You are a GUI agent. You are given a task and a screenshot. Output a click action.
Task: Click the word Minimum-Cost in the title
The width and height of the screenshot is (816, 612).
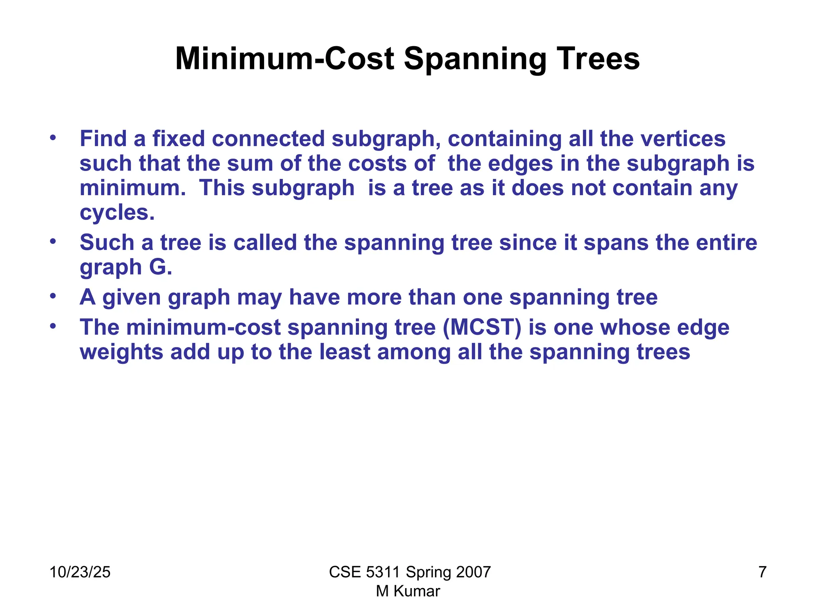pyautogui.click(x=284, y=59)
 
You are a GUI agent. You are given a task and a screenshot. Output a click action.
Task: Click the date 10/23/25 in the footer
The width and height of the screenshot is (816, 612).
pyautogui.click(x=80, y=572)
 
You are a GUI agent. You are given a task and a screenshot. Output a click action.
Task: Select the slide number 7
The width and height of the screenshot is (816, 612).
pyautogui.click(x=762, y=572)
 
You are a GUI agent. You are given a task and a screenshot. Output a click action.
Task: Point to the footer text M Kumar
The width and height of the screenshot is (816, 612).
pyautogui.click(x=408, y=591)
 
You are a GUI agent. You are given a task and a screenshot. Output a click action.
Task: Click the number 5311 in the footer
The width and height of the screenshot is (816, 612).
pyautogui.click(x=382, y=572)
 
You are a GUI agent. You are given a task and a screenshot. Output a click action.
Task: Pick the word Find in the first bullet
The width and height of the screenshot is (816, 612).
pyautogui.click(x=103, y=139)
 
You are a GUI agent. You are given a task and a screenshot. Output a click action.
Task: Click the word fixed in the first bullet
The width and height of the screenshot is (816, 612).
pyautogui.click(x=178, y=139)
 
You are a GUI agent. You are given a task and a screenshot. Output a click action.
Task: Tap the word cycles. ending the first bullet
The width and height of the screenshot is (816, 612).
pyautogui.click(x=117, y=212)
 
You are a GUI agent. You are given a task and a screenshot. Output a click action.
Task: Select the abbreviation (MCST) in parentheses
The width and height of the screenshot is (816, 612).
pyautogui.click(x=482, y=328)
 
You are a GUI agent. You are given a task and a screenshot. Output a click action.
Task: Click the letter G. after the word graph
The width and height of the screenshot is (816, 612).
pyautogui.click(x=161, y=267)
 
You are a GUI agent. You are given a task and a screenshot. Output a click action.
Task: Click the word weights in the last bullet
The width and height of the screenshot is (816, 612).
pyautogui.click(x=122, y=352)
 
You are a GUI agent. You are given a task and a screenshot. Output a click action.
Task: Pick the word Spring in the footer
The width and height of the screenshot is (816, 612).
pyautogui.click(x=428, y=572)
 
